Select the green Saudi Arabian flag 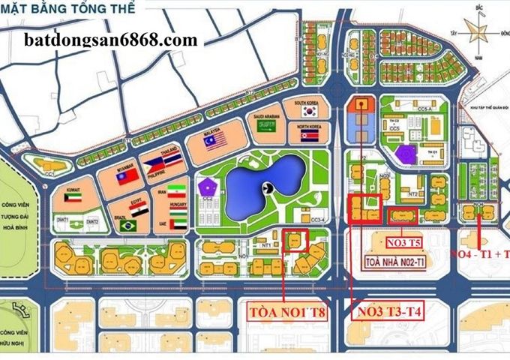coord(268,126)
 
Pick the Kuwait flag coord(73,200)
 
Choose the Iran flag coord(174,191)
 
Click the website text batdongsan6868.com coord(112,40)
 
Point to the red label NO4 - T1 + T coord(480,253)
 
